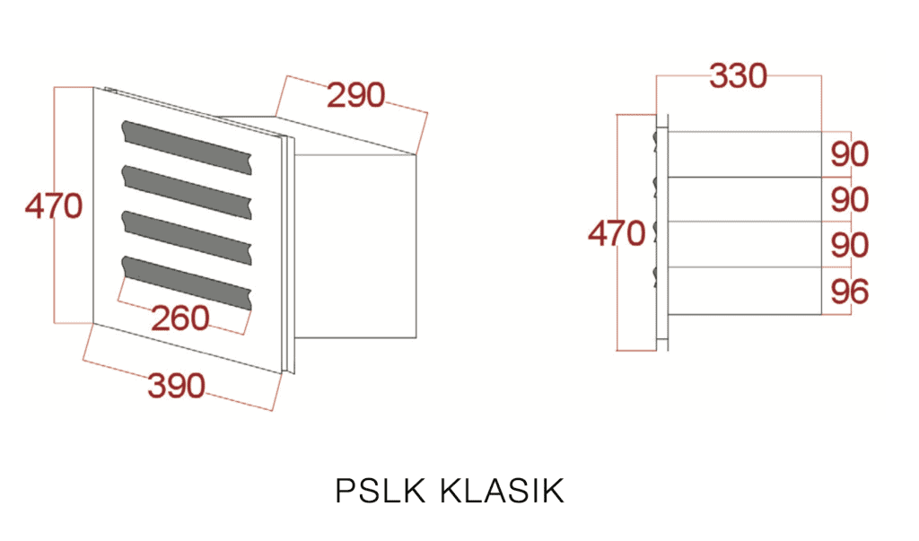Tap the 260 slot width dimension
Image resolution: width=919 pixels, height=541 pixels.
[x=179, y=318]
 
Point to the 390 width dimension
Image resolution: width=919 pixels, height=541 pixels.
[x=177, y=387]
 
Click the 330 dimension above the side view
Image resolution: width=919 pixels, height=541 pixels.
[x=739, y=76]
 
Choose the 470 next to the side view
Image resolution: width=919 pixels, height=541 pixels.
[x=617, y=234]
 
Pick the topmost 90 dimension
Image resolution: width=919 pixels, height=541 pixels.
[x=849, y=154]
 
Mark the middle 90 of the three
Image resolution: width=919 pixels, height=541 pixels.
[x=849, y=199]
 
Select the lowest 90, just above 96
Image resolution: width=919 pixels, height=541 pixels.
[x=849, y=245]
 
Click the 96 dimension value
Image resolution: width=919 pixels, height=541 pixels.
[x=849, y=292]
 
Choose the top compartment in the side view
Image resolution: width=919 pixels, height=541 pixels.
[x=745, y=154]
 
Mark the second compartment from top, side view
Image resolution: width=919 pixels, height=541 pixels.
[x=745, y=199]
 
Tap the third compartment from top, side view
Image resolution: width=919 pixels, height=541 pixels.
[x=745, y=244]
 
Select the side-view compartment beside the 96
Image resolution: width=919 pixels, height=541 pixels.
[x=745, y=292]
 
